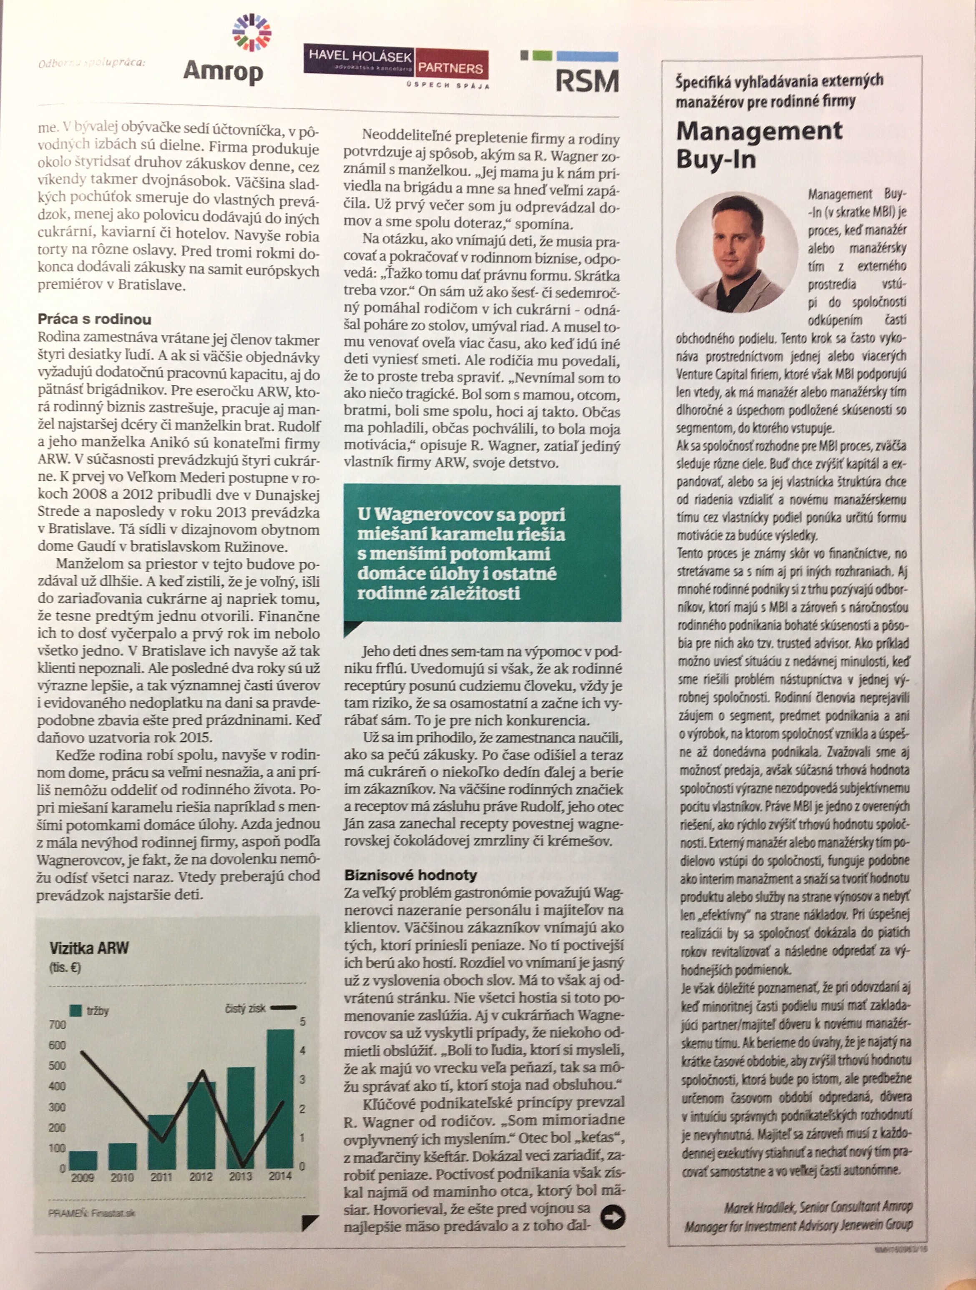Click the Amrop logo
click(x=224, y=55)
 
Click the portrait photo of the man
click(x=736, y=251)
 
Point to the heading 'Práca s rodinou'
click(x=95, y=319)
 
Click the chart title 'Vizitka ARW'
click(x=89, y=948)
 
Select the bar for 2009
click(x=83, y=1160)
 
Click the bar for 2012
click(x=201, y=1125)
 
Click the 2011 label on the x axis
click(x=161, y=1177)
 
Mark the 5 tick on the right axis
click(x=303, y=1022)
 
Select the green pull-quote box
click(x=482, y=553)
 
